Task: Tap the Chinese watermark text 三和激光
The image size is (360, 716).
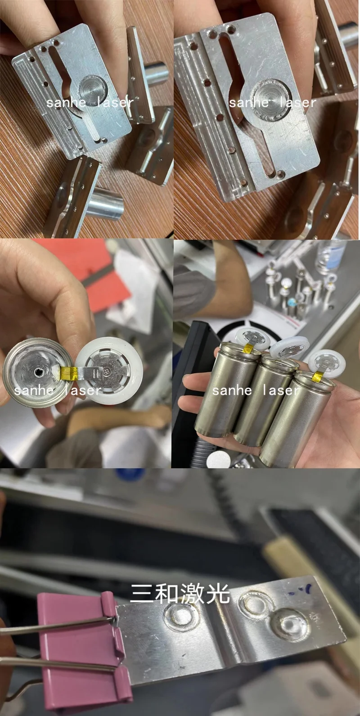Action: click(180, 594)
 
